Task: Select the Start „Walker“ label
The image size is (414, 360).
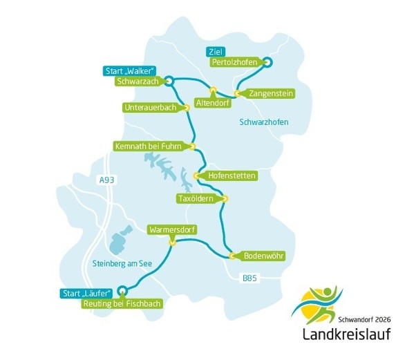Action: click(x=130, y=70)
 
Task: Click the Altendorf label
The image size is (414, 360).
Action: click(x=212, y=103)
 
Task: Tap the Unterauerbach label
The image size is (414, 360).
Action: click(x=151, y=107)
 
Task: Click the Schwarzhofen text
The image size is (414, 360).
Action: click(x=263, y=122)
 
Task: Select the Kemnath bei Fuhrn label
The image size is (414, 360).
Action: click(x=151, y=146)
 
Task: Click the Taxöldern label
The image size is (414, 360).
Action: click(x=196, y=198)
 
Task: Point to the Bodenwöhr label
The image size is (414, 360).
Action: click(x=263, y=256)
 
